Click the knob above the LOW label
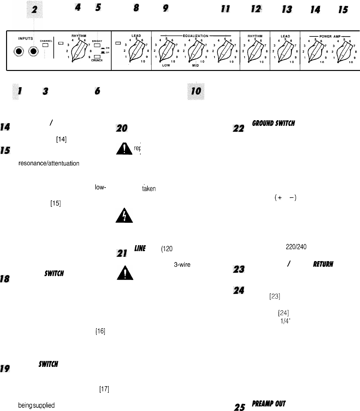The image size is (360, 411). click(164, 51)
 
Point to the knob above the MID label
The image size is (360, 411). click(194, 51)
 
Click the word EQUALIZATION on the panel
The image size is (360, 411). click(196, 36)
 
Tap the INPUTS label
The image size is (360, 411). click(26, 39)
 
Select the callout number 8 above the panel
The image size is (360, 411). click(137, 9)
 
